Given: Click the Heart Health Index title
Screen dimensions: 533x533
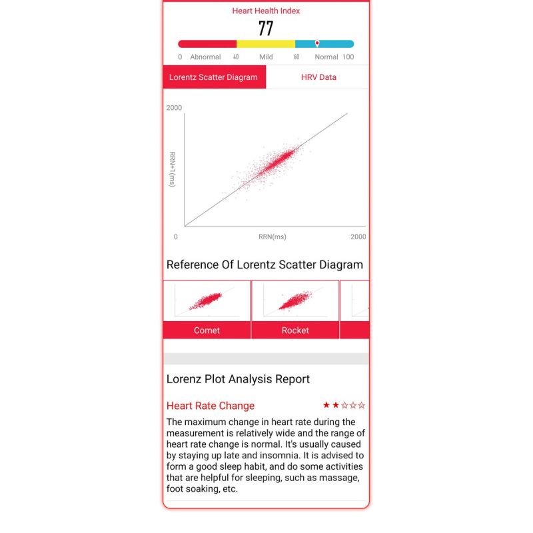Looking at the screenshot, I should [x=266, y=11].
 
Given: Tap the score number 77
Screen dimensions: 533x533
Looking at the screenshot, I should [x=266, y=29].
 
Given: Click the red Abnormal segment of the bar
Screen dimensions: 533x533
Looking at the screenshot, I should [x=207, y=44].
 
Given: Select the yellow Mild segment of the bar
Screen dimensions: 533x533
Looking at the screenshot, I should [x=266, y=44].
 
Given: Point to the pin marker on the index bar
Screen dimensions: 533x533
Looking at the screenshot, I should [x=317, y=43].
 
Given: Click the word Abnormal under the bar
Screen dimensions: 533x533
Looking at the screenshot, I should [x=205, y=57].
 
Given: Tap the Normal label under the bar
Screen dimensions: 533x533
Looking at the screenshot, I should [x=326, y=57].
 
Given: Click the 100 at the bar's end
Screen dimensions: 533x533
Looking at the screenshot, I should [x=348, y=57].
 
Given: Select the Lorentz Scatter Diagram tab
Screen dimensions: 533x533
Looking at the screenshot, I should [x=214, y=77].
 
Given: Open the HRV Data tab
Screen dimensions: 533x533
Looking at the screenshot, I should [x=318, y=77].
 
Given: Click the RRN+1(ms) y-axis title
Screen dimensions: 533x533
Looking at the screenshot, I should [x=172, y=169].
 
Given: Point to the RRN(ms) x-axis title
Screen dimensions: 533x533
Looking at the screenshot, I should [x=272, y=237].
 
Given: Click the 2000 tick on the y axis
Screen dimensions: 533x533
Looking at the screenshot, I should [x=174, y=108].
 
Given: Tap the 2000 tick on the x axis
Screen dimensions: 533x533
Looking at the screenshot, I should [x=358, y=237].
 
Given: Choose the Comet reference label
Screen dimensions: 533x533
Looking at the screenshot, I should [x=207, y=330].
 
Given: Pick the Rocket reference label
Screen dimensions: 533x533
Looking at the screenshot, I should [x=295, y=330].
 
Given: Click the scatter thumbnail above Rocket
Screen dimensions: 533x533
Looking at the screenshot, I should [x=295, y=300].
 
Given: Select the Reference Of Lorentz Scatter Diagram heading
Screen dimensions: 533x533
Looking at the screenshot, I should [x=265, y=265].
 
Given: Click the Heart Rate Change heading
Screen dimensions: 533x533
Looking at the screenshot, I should [x=211, y=406].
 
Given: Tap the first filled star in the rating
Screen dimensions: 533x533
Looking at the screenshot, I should [x=326, y=405].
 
